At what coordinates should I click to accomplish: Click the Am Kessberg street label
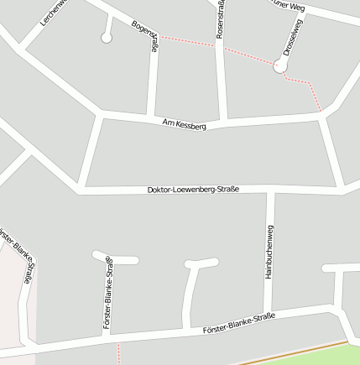click(185, 125)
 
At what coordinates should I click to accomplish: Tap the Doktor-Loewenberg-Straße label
click(193, 190)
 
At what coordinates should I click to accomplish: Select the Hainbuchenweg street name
click(269, 253)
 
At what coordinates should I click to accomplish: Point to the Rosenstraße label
click(220, 20)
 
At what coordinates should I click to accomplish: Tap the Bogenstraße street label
click(145, 34)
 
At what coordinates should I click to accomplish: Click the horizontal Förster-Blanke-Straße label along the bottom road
click(239, 324)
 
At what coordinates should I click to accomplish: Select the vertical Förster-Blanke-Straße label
click(108, 294)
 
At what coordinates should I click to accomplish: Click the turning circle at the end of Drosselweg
click(280, 66)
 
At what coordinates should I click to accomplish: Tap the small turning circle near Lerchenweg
click(106, 37)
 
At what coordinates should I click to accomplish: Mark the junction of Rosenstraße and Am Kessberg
click(223, 121)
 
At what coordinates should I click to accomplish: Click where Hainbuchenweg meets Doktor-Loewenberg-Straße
click(270, 190)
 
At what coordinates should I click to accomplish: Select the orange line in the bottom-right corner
click(302, 352)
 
